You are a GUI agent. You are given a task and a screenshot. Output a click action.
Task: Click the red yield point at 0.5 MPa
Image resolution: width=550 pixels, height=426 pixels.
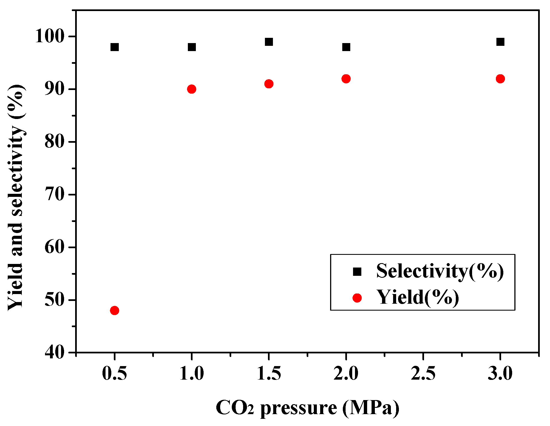(x=114, y=311)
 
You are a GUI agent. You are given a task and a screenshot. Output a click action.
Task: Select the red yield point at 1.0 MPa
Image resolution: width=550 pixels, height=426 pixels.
(x=191, y=89)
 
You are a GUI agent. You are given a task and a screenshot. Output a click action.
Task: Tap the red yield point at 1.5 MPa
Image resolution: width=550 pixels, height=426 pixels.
(x=269, y=84)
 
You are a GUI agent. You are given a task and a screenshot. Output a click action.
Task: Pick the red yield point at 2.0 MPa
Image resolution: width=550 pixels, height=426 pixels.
(x=346, y=79)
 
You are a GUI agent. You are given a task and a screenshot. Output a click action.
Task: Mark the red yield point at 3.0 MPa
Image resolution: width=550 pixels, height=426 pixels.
(x=500, y=79)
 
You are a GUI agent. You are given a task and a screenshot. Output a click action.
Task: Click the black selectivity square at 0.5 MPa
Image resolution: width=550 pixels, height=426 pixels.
(x=114, y=47)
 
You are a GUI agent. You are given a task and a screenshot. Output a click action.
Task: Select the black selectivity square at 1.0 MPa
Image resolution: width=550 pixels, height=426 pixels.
(x=192, y=47)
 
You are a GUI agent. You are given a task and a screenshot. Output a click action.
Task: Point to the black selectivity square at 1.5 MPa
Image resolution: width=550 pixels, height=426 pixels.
(x=269, y=42)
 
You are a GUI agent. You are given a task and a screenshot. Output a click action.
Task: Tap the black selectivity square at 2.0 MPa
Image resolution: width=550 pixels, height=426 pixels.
(x=346, y=47)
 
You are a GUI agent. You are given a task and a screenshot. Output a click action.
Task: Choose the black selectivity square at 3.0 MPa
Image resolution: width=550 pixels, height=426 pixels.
(x=500, y=42)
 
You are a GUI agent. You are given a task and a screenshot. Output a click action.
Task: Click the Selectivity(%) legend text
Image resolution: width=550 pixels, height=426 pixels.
(x=440, y=271)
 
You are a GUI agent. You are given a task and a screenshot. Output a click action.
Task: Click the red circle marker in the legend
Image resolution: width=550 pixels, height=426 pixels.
(x=357, y=298)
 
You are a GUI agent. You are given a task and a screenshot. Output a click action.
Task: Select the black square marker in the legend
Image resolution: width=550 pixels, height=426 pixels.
(x=357, y=272)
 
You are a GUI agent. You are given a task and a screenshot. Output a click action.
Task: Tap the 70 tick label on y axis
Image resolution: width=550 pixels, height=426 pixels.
(x=54, y=195)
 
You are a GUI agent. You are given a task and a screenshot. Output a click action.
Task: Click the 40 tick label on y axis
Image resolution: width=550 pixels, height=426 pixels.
(x=54, y=353)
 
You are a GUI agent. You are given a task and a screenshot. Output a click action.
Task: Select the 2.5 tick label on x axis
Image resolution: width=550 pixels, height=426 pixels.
(x=423, y=373)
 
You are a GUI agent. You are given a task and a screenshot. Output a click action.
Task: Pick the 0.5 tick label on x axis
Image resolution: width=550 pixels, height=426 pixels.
(x=114, y=373)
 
